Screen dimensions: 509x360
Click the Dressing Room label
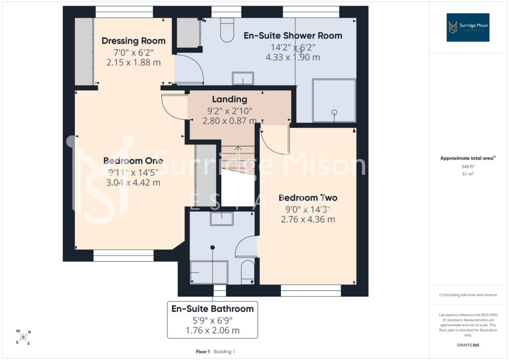click(133, 41)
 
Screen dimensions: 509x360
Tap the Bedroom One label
click(133, 161)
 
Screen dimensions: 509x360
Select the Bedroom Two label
click(308, 198)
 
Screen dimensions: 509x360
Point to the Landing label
click(230, 99)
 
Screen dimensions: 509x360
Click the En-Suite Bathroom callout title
click(212, 309)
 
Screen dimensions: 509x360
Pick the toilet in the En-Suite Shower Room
click(227, 30)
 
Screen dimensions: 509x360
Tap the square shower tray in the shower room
click(334, 100)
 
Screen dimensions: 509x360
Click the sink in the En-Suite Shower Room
click(243, 79)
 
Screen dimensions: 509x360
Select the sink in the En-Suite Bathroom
click(222, 218)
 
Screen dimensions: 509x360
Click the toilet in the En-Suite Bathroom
click(248, 273)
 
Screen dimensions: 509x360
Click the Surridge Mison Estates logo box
click(468, 27)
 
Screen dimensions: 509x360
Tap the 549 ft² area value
click(468, 166)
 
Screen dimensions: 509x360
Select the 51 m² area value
click(468, 174)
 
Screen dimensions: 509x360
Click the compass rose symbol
click(23, 337)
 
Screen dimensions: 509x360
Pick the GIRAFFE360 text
click(468, 345)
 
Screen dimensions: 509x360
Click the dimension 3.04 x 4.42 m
click(133, 182)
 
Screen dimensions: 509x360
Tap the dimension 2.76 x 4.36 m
click(308, 220)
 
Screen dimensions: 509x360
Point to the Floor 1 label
click(203, 351)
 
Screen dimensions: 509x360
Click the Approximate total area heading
click(468, 158)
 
